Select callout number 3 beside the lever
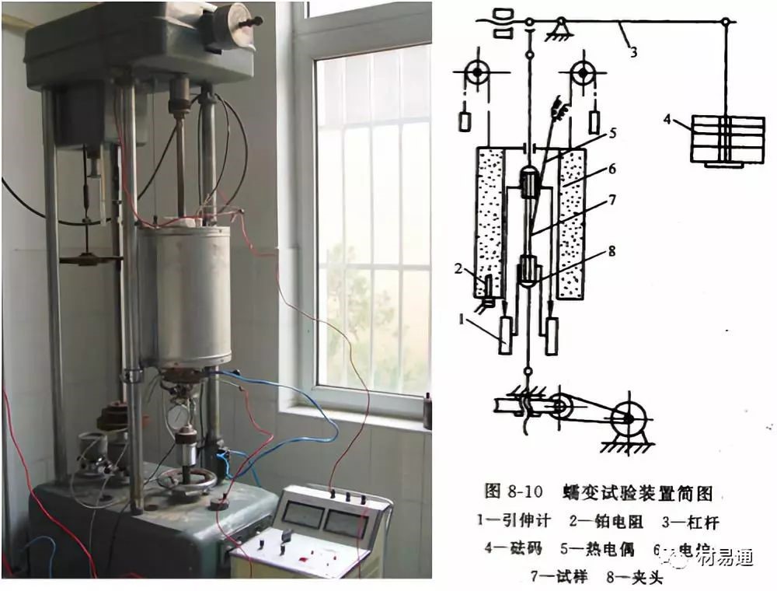(x=633, y=53)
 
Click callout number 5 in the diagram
(x=613, y=133)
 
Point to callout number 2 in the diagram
(x=459, y=268)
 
